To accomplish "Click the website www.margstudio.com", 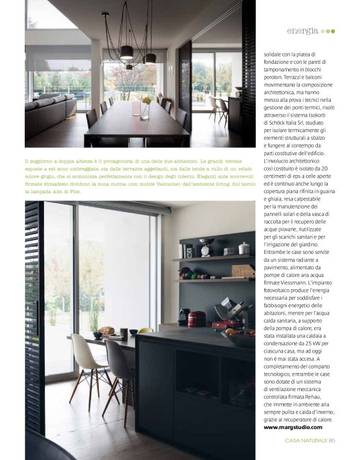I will [x=293, y=427].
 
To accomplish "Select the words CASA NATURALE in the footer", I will [x=306, y=441].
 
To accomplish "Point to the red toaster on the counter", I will [x=196, y=318].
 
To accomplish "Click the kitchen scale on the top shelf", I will [x=208, y=246].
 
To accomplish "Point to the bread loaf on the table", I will [x=107, y=331].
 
